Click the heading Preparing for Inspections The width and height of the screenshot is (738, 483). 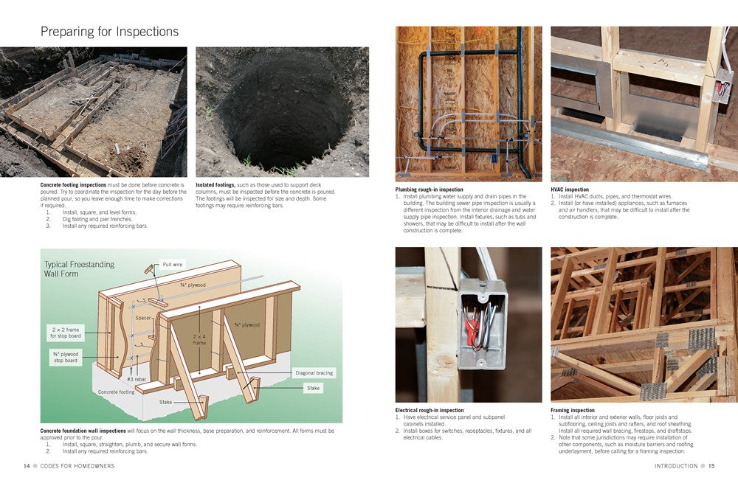[x=110, y=32]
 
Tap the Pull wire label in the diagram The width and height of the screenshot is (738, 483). [x=172, y=264]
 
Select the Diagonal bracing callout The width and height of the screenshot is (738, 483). [x=314, y=373]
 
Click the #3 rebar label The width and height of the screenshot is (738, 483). [x=137, y=379]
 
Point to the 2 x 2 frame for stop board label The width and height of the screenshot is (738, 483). [x=66, y=333]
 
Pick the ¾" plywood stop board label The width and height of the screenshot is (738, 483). [x=66, y=358]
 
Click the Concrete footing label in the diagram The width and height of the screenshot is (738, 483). [x=117, y=392]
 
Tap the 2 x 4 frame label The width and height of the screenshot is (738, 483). [x=199, y=339]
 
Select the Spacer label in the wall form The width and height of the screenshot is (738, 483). [x=142, y=318]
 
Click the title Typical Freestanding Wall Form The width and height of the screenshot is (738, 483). [x=79, y=269]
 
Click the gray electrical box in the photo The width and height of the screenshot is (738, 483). [x=481, y=324]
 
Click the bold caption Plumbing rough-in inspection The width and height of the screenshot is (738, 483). [x=429, y=190]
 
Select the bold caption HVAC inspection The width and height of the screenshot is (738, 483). [x=570, y=190]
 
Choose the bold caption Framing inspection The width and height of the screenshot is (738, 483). [x=573, y=410]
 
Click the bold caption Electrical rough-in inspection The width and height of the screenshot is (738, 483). [x=430, y=410]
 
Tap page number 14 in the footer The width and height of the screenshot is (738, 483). [x=27, y=466]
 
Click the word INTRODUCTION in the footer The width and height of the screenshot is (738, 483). [x=676, y=466]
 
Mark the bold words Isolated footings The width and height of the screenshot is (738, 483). [x=215, y=185]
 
